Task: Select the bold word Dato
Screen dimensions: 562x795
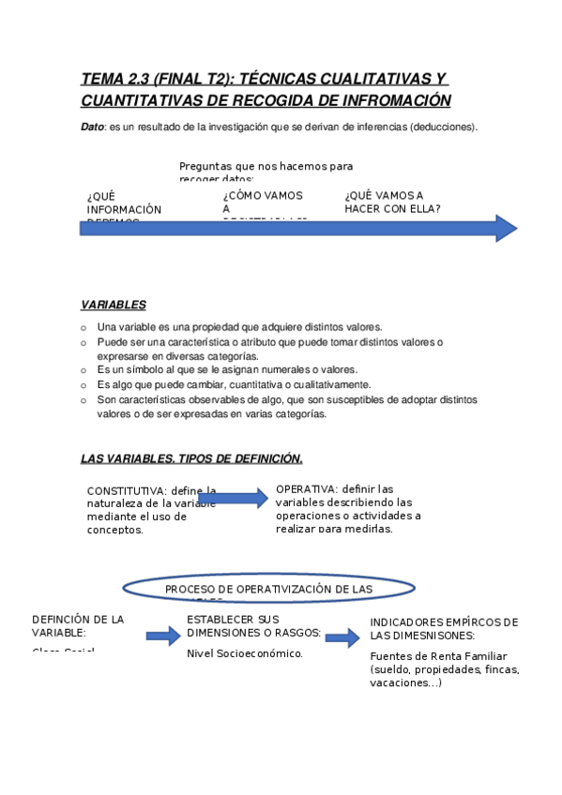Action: pyautogui.click(x=92, y=127)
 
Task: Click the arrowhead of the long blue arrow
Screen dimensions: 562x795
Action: pyautogui.click(x=506, y=228)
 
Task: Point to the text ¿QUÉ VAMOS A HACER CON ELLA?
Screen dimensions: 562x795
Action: pyautogui.click(x=393, y=202)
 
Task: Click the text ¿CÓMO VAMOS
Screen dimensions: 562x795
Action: pyautogui.click(x=263, y=195)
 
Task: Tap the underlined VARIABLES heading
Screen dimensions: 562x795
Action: pyautogui.click(x=113, y=305)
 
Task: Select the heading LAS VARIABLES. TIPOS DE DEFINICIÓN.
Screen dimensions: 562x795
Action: pyautogui.click(x=191, y=458)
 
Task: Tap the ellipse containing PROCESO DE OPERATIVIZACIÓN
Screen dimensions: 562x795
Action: pyautogui.click(x=268, y=588)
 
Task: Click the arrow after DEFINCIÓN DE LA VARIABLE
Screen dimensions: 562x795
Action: pyautogui.click(x=162, y=637)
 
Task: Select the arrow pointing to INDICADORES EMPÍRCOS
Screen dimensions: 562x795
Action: pyautogui.click(x=342, y=638)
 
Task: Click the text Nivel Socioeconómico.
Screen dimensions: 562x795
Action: pyautogui.click(x=245, y=653)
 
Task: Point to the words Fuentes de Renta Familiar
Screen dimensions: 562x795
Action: pyautogui.click(x=438, y=656)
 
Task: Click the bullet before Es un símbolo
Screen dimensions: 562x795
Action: pyautogui.click(x=84, y=370)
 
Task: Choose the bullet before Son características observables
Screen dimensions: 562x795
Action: pyautogui.click(x=84, y=399)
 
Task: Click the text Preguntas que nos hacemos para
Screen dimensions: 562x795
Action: pyautogui.click(x=266, y=166)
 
